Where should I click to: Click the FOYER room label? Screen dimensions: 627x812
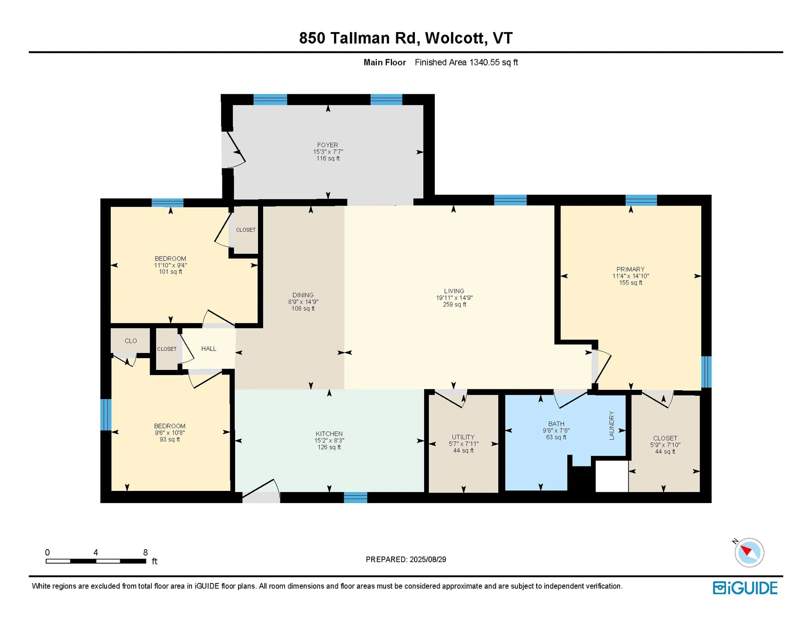(327, 145)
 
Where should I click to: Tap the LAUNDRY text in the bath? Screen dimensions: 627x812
(611, 425)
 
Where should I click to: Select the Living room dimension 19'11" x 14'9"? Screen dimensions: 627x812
(454, 298)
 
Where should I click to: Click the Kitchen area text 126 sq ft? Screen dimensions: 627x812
(329, 447)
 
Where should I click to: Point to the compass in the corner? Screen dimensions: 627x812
(749, 552)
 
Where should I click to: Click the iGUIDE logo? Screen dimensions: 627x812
(745, 588)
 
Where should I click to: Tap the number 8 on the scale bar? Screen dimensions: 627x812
(145, 552)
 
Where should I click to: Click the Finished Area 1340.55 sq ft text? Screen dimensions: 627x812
(466, 63)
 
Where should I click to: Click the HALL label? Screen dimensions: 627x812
(208, 348)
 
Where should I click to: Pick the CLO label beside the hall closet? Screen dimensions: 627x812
(131, 341)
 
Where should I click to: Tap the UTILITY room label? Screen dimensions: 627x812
(463, 437)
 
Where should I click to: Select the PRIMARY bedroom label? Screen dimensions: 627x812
(630, 269)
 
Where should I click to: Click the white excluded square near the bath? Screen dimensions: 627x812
(612, 476)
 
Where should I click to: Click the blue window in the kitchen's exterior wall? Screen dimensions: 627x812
(355, 498)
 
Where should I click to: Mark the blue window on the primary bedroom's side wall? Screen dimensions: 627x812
(706, 372)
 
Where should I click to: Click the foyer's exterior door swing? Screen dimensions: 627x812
(233, 150)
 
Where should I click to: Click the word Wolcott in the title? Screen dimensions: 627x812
(455, 38)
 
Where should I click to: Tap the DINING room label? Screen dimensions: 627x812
(303, 295)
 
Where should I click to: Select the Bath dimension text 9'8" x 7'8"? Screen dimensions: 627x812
(556, 430)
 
